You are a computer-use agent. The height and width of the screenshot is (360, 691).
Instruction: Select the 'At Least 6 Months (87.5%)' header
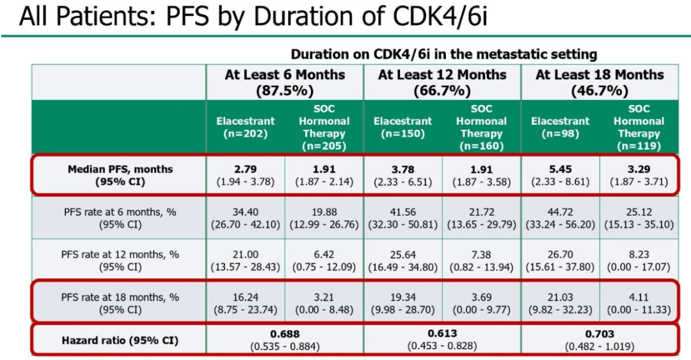point(285,82)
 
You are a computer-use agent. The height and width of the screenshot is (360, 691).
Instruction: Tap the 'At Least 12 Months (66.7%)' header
point(443,82)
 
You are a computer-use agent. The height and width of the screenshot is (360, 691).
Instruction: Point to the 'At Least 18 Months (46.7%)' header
point(600,82)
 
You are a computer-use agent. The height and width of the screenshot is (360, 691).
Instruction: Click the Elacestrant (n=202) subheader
point(246,127)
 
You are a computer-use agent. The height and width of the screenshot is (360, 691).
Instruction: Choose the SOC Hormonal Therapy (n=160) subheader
point(481,127)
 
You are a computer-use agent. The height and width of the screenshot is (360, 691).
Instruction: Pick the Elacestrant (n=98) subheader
point(560,127)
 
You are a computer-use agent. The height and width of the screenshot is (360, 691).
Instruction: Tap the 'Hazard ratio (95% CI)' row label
point(120,340)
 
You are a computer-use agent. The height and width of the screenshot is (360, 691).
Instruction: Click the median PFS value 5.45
point(560,170)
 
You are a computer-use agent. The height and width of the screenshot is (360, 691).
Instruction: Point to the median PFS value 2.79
point(246,170)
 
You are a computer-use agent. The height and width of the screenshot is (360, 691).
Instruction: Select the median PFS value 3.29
point(639,170)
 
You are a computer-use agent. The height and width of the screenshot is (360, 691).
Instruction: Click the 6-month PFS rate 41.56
point(403,212)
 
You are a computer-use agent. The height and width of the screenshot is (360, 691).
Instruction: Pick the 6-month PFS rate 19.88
point(324,212)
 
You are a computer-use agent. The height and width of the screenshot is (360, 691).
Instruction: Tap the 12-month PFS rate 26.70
point(560,254)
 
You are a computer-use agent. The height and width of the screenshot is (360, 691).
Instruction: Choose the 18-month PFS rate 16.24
point(246,297)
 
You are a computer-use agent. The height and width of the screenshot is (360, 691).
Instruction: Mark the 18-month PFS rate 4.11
point(639,297)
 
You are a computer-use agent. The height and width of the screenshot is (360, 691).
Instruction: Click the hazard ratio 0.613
point(443,334)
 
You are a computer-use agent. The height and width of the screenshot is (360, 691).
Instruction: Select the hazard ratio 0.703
point(600,334)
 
